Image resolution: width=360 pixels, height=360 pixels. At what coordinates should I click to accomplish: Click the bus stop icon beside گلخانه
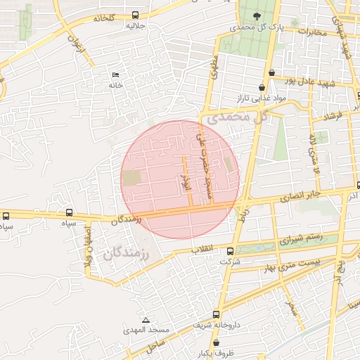click(x=135, y=15)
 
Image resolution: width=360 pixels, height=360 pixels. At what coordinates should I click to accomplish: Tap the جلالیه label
click(x=135, y=26)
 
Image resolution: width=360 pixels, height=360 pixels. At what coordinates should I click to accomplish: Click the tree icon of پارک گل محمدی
click(x=256, y=16)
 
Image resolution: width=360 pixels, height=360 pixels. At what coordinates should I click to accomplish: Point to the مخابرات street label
click(x=310, y=32)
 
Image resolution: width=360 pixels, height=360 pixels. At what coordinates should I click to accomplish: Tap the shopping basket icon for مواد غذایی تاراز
click(x=262, y=88)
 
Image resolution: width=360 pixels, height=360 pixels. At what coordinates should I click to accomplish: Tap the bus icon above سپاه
click(x=69, y=212)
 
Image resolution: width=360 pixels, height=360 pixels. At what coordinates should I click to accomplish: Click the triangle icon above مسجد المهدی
click(x=146, y=320)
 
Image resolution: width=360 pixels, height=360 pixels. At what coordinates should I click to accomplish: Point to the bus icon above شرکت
click(x=230, y=251)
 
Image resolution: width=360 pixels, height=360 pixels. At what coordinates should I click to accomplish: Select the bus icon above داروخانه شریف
click(x=216, y=314)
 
